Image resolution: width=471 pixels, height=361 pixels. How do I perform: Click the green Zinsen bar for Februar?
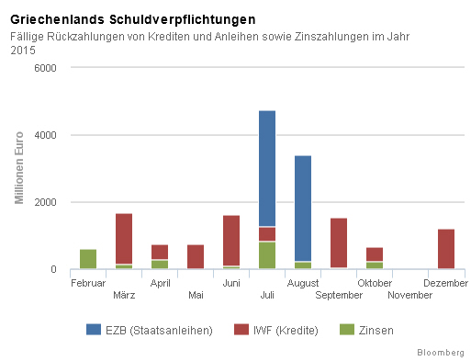click(x=88, y=259)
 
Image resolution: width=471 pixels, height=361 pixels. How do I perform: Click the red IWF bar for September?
click(x=339, y=243)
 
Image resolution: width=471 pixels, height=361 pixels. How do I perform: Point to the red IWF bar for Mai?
click(x=196, y=257)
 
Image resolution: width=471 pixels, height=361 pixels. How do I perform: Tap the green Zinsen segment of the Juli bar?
click(x=267, y=255)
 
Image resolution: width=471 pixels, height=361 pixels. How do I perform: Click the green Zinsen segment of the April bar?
click(x=160, y=265)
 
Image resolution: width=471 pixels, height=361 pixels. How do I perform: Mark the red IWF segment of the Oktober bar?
click(x=375, y=254)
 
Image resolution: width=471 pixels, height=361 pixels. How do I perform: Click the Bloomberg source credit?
click(x=441, y=352)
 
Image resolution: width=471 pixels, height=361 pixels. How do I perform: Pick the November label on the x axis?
click(x=410, y=295)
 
